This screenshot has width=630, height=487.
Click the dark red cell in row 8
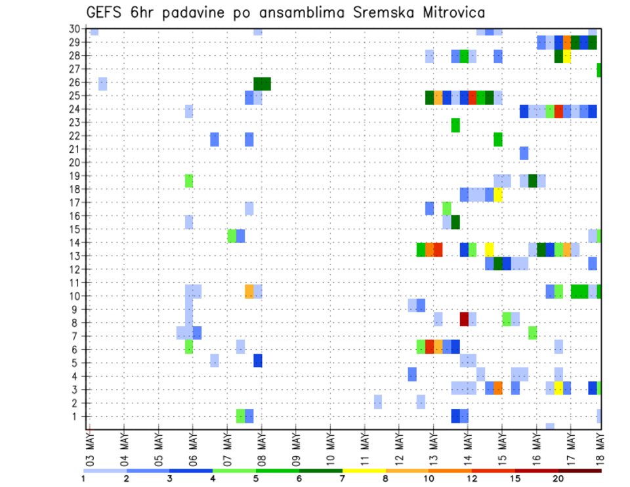464,319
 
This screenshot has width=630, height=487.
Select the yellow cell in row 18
498,195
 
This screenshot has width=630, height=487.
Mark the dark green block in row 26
262,84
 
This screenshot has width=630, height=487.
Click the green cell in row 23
455,125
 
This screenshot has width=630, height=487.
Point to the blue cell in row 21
524,153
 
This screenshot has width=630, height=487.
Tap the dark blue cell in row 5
258,360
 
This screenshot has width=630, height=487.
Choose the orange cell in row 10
249,291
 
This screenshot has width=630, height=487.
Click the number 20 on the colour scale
558,478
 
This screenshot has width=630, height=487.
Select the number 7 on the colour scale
343,478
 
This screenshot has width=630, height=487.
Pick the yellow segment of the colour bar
364,470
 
